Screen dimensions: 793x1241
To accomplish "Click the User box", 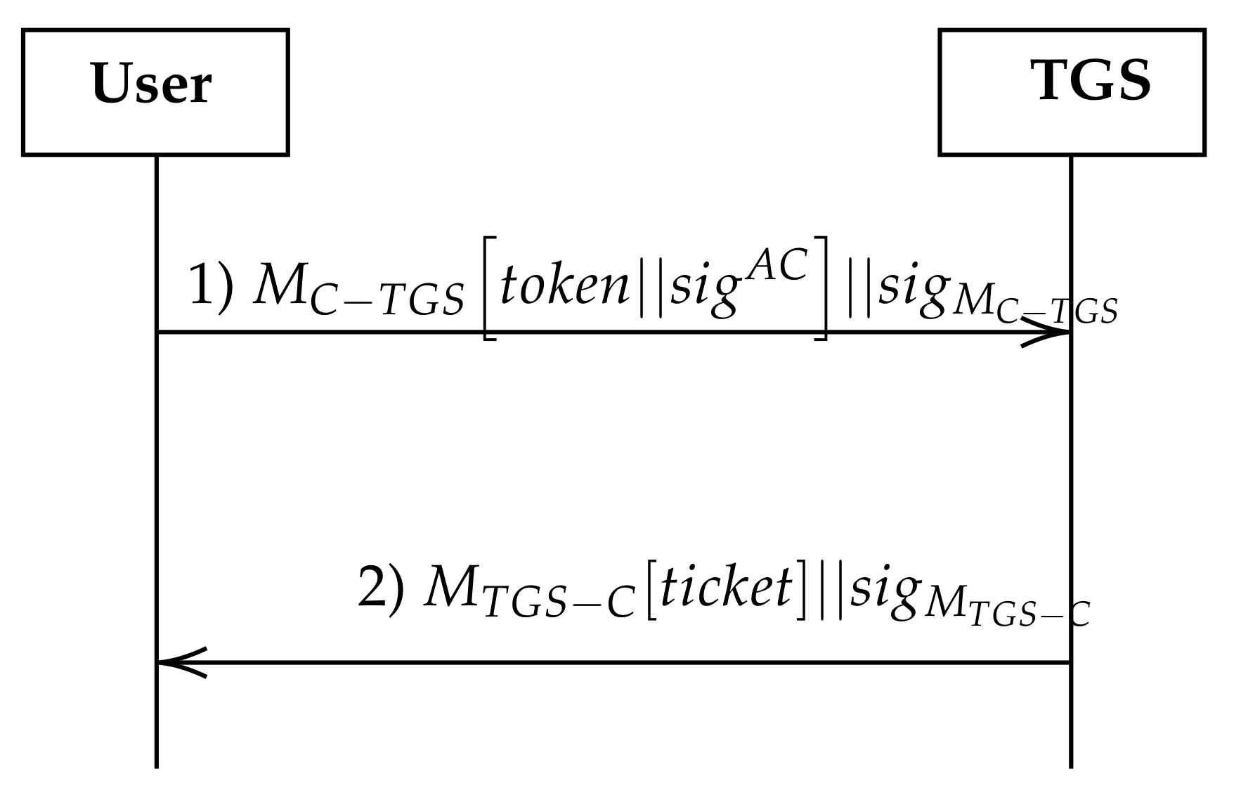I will coord(155,92).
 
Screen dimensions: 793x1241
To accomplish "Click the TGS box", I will coord(1072,92).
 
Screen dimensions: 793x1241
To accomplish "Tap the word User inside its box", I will coord(151,84).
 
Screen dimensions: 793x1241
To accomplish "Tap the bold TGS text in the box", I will coord(1091,80).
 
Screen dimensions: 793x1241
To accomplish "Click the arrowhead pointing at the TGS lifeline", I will coord(1047,332).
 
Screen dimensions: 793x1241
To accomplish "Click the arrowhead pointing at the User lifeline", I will coord(181,662).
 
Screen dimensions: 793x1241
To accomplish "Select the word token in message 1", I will coord(564,287).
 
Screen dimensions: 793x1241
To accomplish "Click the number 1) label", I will coord(211,287).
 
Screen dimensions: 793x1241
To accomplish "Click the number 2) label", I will coord(381,588).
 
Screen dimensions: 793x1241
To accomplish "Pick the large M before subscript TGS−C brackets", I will coord(450,588).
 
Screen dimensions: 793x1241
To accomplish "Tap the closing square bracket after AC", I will coord(821,288).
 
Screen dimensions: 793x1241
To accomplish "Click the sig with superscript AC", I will coord(705,291).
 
